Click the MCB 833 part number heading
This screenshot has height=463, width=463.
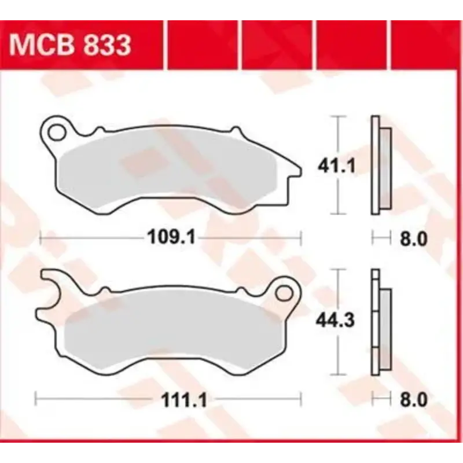[x=69, y=45]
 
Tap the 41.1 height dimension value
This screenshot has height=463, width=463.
[x=336, y=167]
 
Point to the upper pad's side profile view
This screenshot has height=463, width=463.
[x=380, y=165]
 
